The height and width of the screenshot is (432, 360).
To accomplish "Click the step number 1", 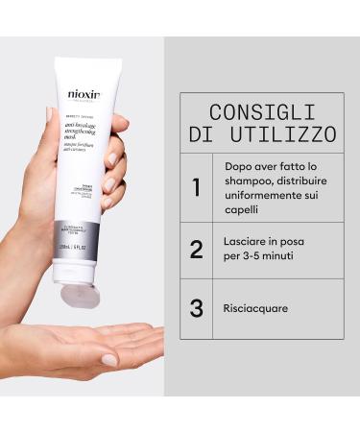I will point(196,186).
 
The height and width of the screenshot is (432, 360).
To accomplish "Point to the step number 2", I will point(196,250).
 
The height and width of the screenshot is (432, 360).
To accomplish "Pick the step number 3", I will point(196,309).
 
